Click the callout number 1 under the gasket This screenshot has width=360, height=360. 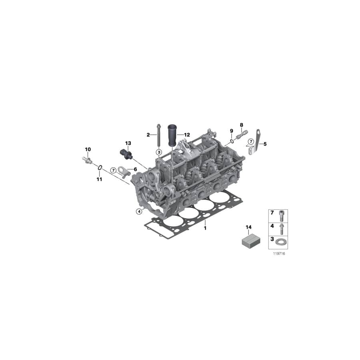pyautogui.click(x=205, y=228)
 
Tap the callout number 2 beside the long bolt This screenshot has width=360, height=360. pyautogui.click(x=148, y=135)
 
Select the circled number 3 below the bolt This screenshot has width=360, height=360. pyautogui.click(x=158, y=152)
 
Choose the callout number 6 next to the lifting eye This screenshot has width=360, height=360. pyautogui.click(x=135, y=170)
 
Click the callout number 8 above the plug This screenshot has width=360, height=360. pyautogui.click(x=241, y=125)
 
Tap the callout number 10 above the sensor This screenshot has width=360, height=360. pyautogui.click(x=88, y=149)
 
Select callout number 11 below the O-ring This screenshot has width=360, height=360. pyautogui.click(x=99, y=179)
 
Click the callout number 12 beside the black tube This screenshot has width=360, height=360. pyautogui.click(x=187, y=135)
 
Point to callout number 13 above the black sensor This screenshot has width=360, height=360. pyautogui.click(x=128, y=143)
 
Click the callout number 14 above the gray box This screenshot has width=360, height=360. pyautogui.click(x=248, y=228)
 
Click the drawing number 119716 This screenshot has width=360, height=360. pyautogui.click(x=279, y=254)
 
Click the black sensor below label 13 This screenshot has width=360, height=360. pyautogui.click(x=125, y=154)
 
